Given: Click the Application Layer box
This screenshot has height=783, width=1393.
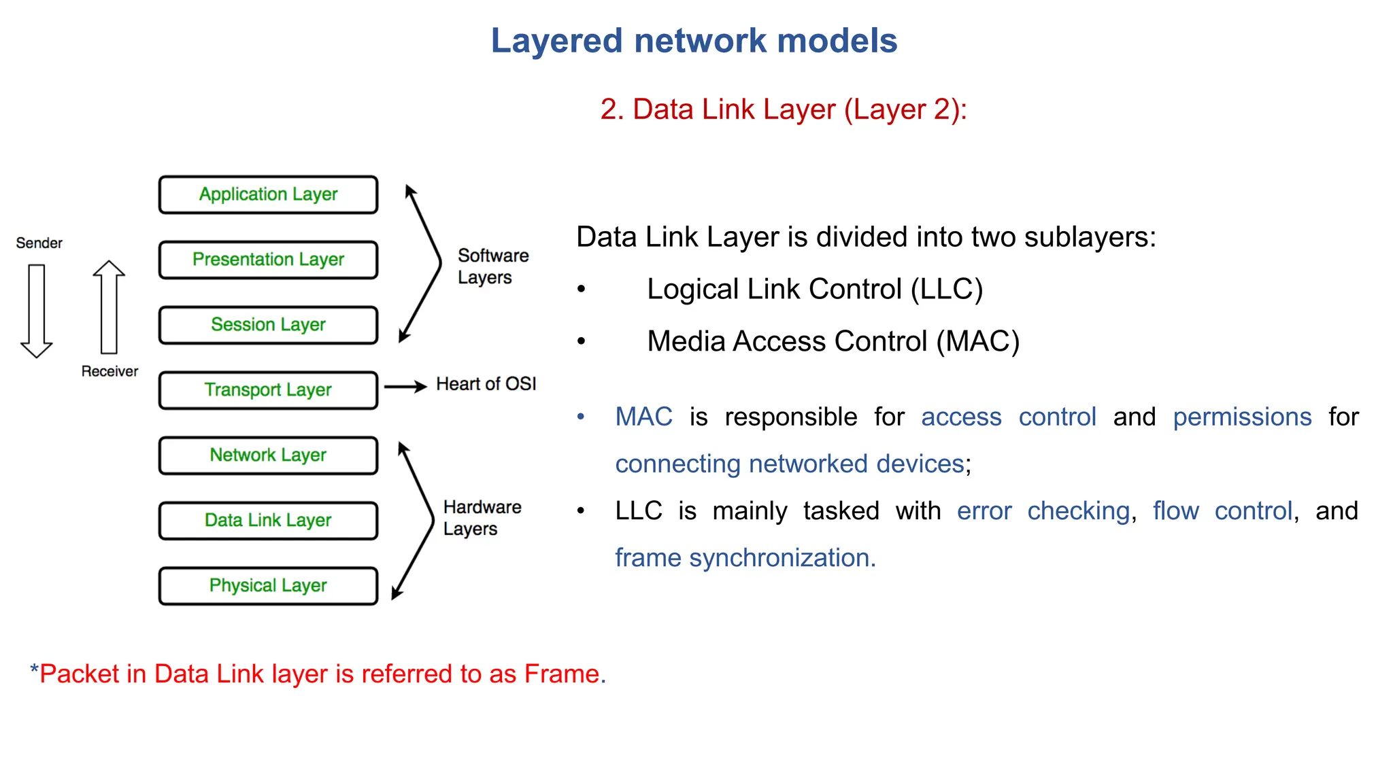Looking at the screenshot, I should click(x=268, y=195).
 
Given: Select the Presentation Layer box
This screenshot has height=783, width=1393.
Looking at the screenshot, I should click(x=268, y=260).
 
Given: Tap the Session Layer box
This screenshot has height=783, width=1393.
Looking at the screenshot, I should click(x=268, y=325).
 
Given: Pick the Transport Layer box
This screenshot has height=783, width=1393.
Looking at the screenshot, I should click(x=268, y=390).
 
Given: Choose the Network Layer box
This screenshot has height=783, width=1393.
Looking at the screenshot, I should click(x=268, y=455).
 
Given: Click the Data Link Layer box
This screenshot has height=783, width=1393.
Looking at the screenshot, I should click(x=268, y=521).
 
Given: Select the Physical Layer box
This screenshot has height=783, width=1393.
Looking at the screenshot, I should click(x=268, y=586).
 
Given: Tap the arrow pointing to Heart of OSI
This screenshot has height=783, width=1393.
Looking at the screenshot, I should click(x=405, y=387).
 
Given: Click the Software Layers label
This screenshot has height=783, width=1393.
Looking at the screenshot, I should click(x=492, y=266).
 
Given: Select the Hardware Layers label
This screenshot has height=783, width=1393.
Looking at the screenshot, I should click(x=482, y=518).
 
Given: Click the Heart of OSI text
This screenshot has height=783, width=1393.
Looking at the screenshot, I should click(x=486, y=384).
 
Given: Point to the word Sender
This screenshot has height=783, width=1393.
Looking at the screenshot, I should click(x=39, y=243).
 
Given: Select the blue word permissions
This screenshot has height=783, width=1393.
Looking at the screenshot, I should click(x=1242, y=417).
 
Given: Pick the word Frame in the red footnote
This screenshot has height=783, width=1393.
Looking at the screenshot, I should click(x=564, y=674).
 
